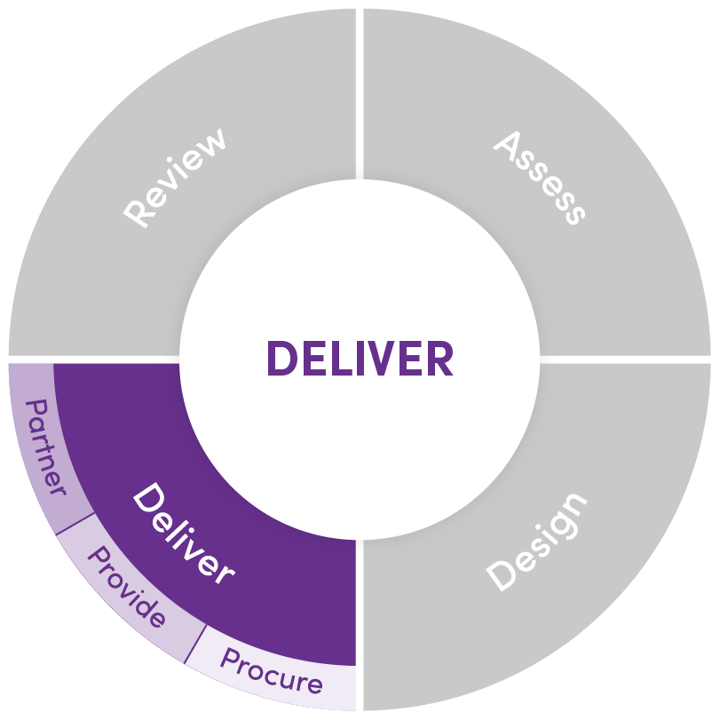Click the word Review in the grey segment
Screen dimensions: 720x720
175,178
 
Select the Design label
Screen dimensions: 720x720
537,542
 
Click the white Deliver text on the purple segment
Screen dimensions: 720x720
184,534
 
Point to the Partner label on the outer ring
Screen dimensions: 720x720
45,447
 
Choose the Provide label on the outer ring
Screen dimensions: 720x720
126,586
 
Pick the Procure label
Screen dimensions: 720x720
272,670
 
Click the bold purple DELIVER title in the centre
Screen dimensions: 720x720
360,359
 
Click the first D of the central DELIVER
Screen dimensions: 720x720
281,359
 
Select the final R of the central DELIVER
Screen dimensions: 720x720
439,359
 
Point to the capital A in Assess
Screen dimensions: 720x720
508,146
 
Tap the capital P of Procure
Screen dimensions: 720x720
231,659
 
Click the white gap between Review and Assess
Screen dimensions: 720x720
360,94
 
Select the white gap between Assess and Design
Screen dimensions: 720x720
625,360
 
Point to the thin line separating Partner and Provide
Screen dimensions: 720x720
75,524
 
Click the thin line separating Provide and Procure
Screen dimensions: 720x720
195,645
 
